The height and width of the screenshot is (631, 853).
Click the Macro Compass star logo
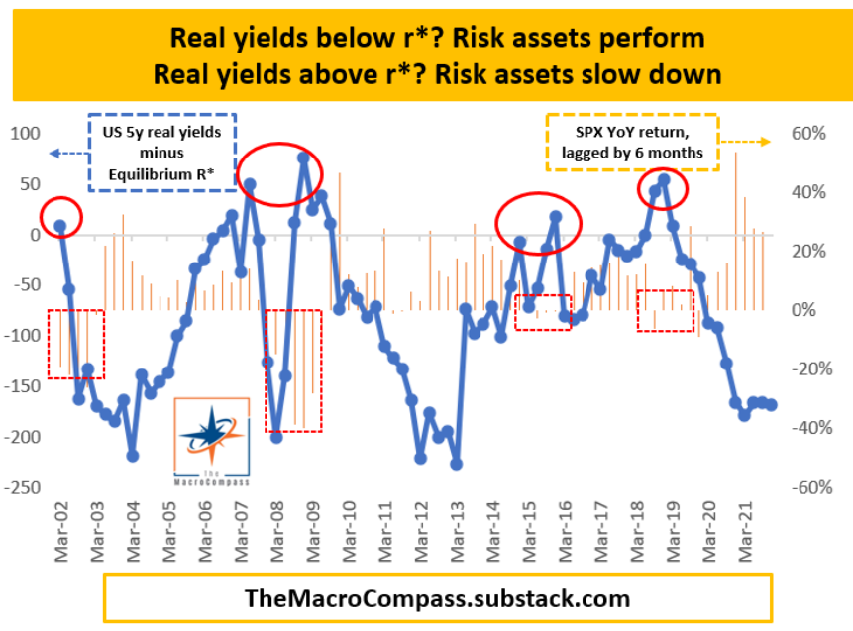(210, 435)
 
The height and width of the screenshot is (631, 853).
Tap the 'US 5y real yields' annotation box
(162, 154)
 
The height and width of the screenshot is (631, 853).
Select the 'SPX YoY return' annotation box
(632, 142)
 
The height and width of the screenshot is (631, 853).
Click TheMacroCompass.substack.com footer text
(437, 598)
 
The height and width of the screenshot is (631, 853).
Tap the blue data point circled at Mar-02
(59, 226)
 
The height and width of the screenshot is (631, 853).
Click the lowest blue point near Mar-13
(456, 463)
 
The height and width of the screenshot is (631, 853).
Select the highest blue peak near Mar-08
(303, 158)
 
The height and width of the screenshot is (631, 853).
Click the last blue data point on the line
(771, 404)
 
